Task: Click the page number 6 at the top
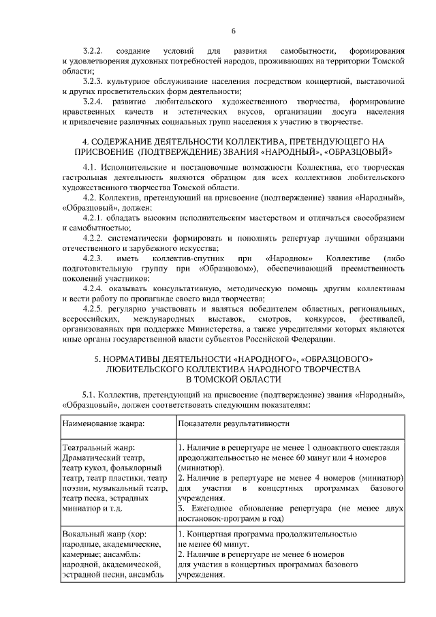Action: click(x=233, y=31)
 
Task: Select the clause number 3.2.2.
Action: click(x=93, y=52)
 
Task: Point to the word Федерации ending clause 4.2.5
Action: click(x=312, y=339)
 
